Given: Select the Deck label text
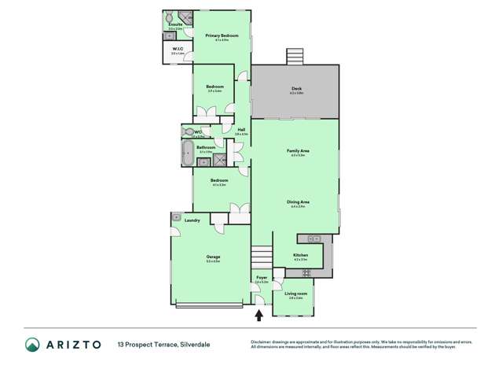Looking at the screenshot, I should coord(296,88).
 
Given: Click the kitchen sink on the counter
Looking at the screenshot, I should coord(313,238).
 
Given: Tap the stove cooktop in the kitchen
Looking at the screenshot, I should coord(306,272).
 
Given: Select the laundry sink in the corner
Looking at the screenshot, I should coord(177,216).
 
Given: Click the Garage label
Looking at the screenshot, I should coord(211,257).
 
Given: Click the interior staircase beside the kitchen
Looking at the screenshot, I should coord(261,256).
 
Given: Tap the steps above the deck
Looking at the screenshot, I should coord(295,57).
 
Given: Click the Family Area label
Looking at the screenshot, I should coord(296,150).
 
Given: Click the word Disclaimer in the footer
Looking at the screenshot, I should coord(262,342).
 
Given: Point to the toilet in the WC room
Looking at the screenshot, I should coord(188,131).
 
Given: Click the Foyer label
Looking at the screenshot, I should coord(262,277).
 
